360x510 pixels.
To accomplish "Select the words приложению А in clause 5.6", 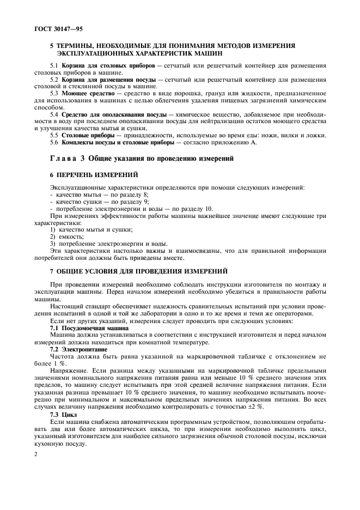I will tap(233, 143).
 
